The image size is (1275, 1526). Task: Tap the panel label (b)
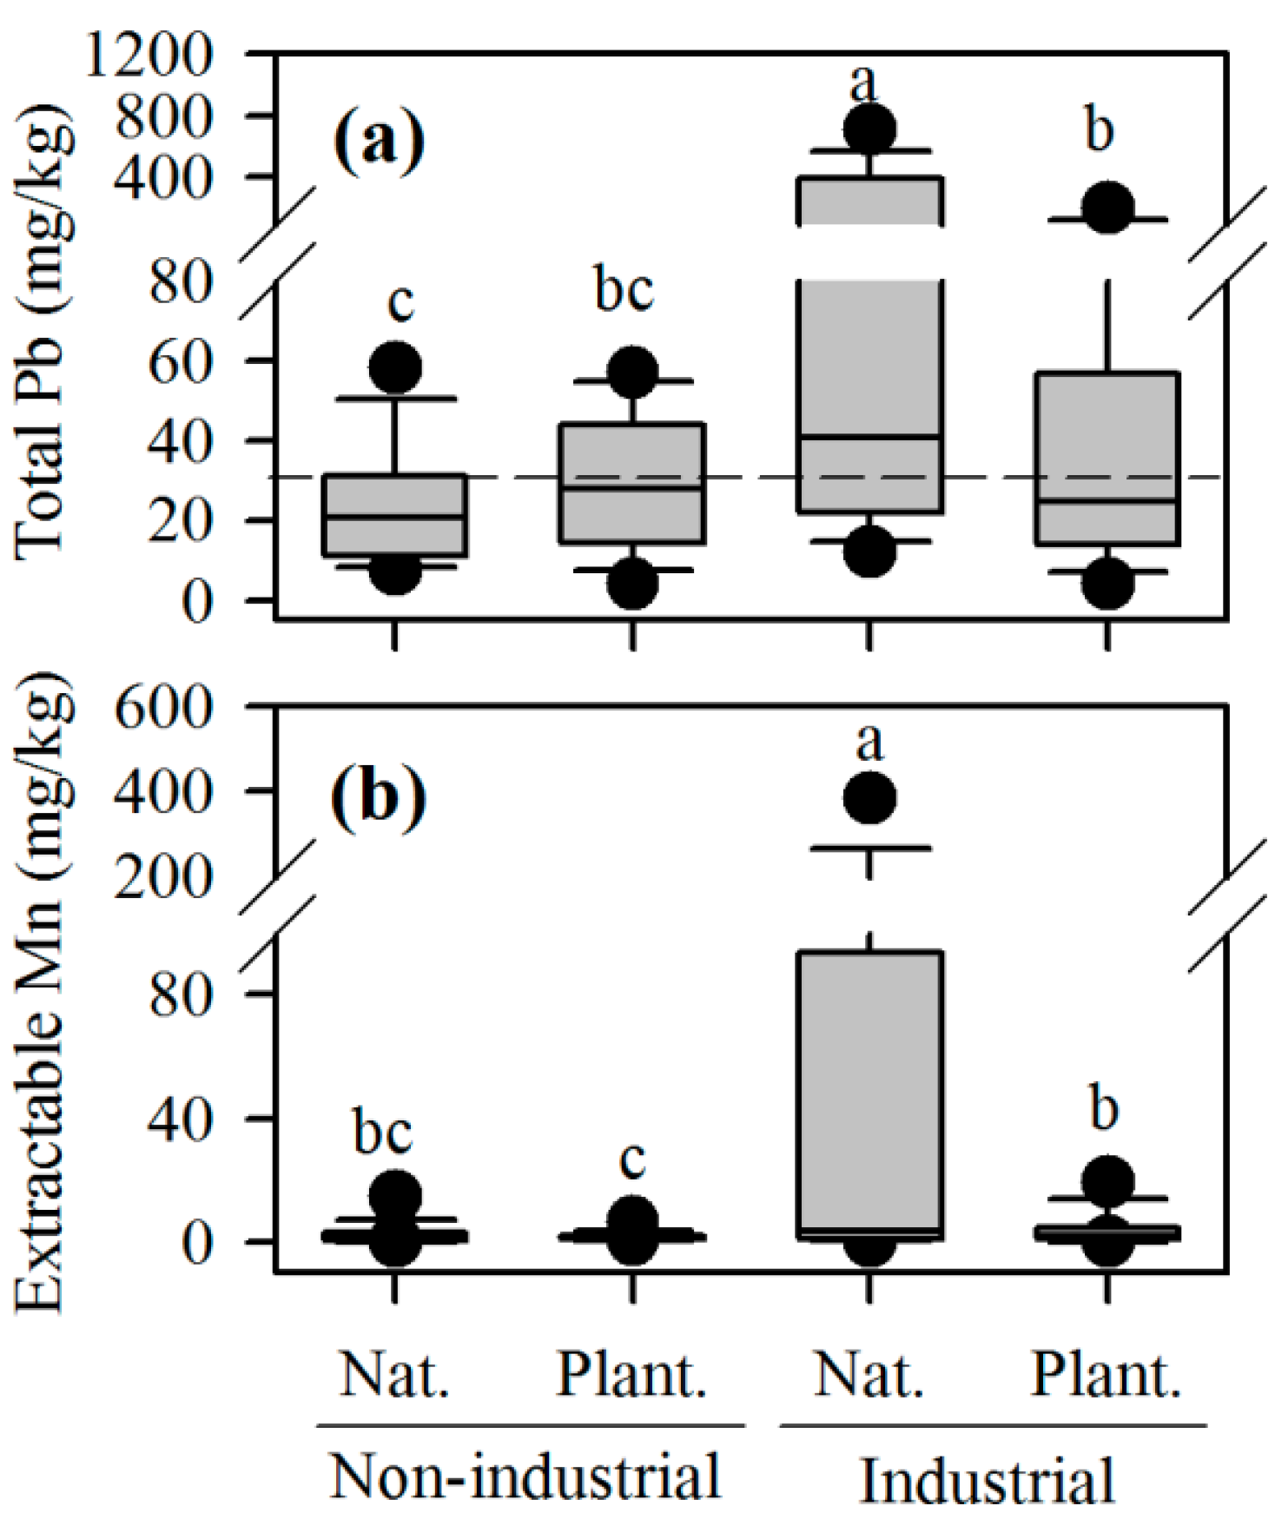(x=380, y=794)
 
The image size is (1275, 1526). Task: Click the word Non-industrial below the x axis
(x=526, y=1475)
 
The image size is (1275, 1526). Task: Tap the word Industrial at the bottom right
(x=988, y=1479)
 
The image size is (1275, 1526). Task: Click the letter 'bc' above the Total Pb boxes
(x=624, y=290)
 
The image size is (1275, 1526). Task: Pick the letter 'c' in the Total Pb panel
(x=400, y=302)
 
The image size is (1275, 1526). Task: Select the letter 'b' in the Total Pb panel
(x=1100, y=130)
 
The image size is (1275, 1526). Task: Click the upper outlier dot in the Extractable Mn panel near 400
(x=869, y=797)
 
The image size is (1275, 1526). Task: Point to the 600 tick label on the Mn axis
(x=164, y=709)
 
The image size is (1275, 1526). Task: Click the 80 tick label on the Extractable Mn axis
(x=181, y=994)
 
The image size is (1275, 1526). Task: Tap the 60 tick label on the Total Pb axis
(x=181, y=360)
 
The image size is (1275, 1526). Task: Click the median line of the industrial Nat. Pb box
(x=869, y=436)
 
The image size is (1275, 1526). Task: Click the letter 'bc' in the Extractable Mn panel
(x=383, y=1133)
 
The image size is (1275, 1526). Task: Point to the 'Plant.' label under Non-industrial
(x=631, y=1376)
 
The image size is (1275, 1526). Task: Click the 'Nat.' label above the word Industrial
(x=869, y=1376)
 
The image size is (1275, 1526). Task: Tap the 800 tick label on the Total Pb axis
(x=164, y=117)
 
